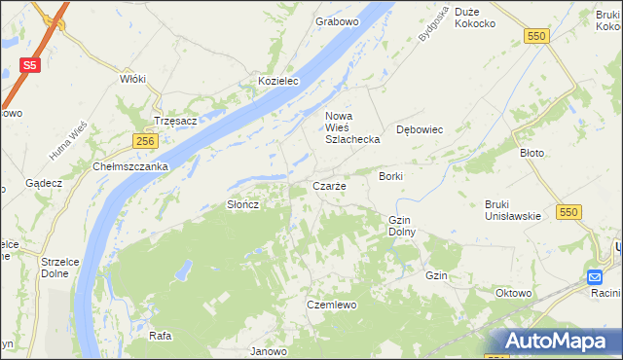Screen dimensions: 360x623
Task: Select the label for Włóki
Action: tap(132, 79)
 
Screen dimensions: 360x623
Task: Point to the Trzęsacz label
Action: tap(176, 121)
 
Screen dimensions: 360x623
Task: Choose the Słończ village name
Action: tap(242, 204)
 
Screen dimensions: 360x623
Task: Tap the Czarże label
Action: tap(328, 186)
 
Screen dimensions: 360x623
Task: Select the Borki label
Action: tap(391, 176)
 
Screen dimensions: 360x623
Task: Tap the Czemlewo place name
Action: tap(328, 305)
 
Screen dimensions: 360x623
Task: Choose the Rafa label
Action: tap(161, 336)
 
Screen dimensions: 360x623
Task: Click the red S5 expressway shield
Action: tap(30, 66)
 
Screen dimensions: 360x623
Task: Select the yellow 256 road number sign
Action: tap(145, 141)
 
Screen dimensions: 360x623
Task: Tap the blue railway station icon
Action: tap(596, 277)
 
